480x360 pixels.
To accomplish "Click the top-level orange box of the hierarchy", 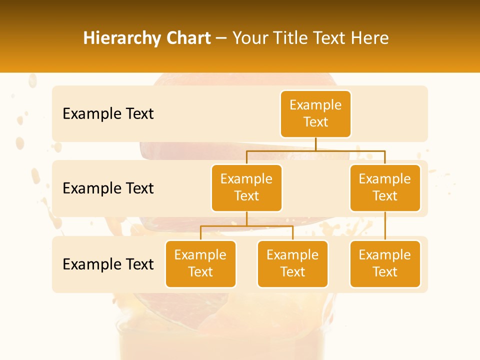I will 315,113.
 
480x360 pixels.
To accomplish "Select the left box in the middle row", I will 246,187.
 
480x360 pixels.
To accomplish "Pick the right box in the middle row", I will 385,187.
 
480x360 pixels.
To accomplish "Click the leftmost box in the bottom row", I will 200,263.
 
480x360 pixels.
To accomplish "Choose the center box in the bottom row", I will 292,263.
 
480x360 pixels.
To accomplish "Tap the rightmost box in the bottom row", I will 385,263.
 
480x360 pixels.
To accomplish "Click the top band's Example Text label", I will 108,114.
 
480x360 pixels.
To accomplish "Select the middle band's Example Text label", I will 108,188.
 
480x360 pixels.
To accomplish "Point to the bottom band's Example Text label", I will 108,264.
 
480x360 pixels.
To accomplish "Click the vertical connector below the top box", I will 315,144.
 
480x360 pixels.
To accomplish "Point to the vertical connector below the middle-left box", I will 246,218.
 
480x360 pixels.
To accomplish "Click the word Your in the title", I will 251,38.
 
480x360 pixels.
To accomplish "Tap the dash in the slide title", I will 221,38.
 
